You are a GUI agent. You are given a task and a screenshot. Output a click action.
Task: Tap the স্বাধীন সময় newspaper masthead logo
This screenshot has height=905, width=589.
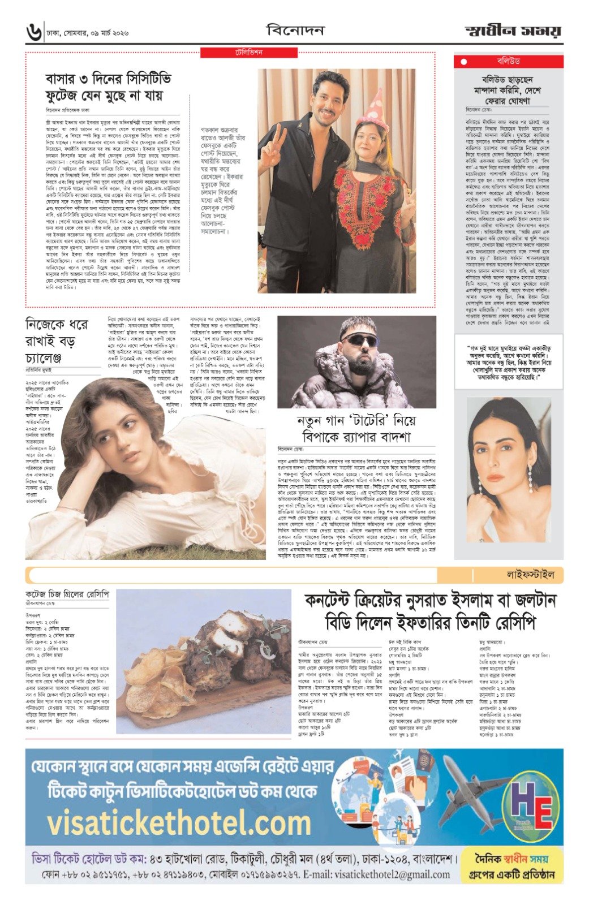click(513, 31)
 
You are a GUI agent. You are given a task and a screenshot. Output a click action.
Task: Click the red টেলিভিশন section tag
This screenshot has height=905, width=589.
click(249, 53)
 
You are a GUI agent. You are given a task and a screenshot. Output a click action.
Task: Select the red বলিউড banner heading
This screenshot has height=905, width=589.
click(508, 61)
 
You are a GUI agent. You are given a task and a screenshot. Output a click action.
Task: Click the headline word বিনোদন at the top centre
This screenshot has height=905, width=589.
click(295, 30)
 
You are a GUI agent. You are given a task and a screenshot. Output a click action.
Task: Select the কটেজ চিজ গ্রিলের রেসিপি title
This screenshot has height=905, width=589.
click(67, 596)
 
